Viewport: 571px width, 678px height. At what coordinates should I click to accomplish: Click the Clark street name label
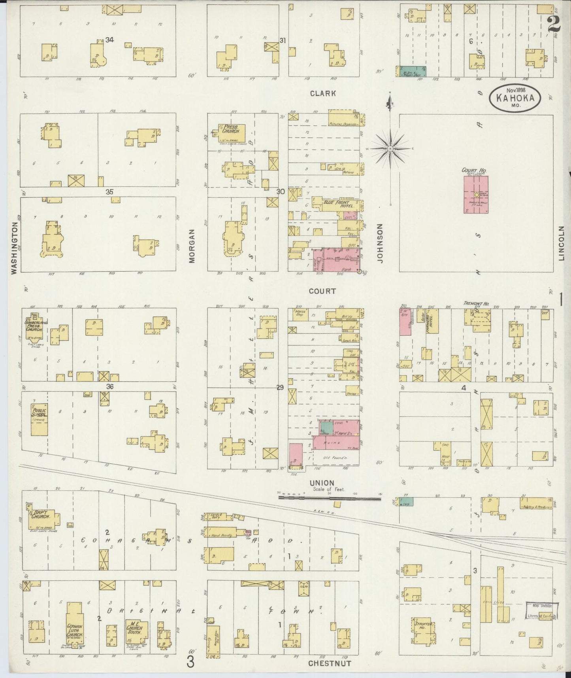323,93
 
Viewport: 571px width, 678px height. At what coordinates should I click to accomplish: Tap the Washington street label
15,248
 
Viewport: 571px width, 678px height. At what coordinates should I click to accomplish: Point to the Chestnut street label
330,663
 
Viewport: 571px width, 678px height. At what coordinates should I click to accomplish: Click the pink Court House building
476,195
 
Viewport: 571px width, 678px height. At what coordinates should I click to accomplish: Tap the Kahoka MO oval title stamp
515,99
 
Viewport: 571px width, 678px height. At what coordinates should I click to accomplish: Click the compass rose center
390,148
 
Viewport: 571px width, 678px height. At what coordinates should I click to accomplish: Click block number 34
109,40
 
